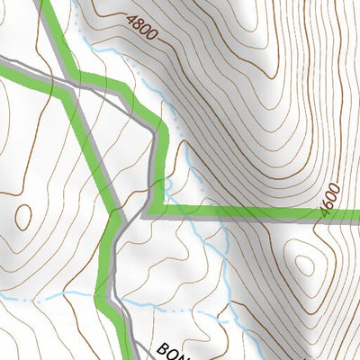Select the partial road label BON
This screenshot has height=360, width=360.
click(x=174, y=351)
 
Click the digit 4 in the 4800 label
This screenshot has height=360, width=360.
click(x=131, y=16)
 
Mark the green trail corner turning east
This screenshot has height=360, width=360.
click(x=153, y=212)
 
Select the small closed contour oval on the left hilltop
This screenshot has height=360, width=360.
click(x=22, y=216)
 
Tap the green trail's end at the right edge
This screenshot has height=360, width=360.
click(x=357, y=214)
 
